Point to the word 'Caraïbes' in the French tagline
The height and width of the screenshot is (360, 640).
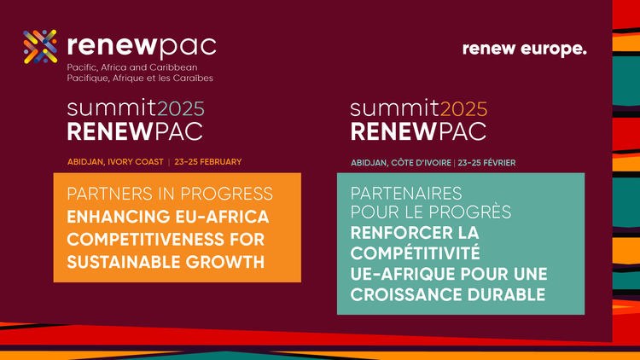(192, 78)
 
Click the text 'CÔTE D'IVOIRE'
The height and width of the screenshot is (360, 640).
(419, 162)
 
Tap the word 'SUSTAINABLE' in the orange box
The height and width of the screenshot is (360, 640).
(123, 259)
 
